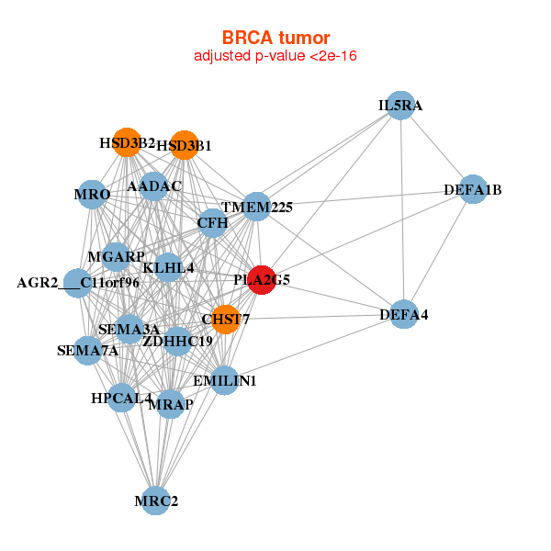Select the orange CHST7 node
[x=226, y=320]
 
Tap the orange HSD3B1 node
[x=184, y=144]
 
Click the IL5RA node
[x=399, y=106]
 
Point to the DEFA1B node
[x=472, y=189]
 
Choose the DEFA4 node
[x=404, y=315]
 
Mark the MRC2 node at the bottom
[x=156, y=500]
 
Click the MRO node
[x=93, y=194]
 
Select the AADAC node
[x=153, y=186]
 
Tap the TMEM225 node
[x=257, y=207]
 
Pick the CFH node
[x=212, y=222]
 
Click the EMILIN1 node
[x=224, y=380]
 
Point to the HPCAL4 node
[x=121, y=398]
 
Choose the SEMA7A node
[x=87, y=350]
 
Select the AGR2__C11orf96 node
[x=78, y=282]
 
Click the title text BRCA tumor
[x=275, y=38]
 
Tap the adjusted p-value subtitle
[x=275, y=56]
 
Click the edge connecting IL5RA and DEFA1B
[x=435, y=147]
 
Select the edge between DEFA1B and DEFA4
[x=438, y=253]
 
